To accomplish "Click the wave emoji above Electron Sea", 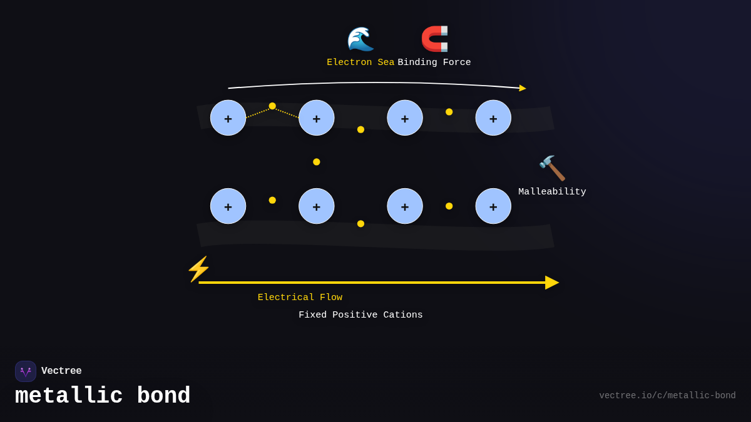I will pos(360,39).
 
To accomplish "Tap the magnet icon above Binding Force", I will pos(434,39).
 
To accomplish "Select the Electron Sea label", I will pos(360,63).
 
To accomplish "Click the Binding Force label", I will pos(434,63).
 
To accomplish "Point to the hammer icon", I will pos(552,168).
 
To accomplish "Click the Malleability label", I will pos(552,192).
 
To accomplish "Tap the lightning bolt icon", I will pos(198,269).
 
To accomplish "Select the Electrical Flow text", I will pos(300,298).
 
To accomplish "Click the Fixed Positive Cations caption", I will pos(360,315).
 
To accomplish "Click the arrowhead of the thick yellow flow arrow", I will pos(551,283).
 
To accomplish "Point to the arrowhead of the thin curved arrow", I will pos(522,88).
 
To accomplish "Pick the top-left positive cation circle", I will pos(228,118).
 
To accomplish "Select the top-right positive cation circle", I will pos(493,118).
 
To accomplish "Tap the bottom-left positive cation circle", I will pos(228,206).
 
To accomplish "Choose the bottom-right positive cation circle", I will pos(493,206).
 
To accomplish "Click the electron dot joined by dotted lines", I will pos(272,106).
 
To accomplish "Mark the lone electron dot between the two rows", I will pos(317,162).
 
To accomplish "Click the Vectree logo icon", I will pos(26,371).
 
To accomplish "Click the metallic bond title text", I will pos(103,396).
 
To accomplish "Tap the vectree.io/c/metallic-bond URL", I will pos(667,396).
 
